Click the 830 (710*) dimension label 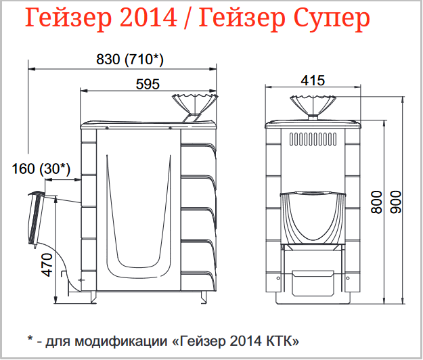point(130,60)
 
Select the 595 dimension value point(148,84)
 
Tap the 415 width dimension point(313,81)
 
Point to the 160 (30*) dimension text point(41,169)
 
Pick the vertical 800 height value point(377,202)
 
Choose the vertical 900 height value point(396,202)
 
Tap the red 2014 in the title point(148,17)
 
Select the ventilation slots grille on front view point(313,139)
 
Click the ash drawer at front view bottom point(313,283)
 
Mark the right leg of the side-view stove point(203,297)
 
